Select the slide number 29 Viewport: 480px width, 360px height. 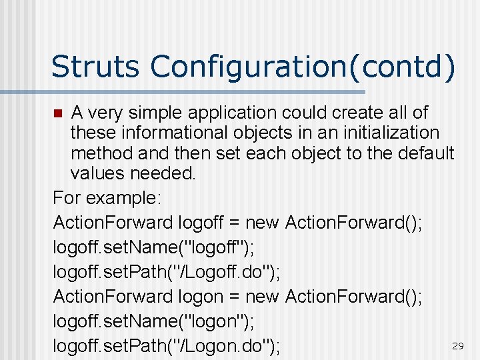pyautogui.click(x=457, y=346)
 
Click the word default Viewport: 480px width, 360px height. pyautogui.click(x=426, y=154)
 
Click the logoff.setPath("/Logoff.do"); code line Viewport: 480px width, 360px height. pyautogui.click(x=166, y=272)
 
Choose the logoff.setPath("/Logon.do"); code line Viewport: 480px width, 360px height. pyautogui.click(x=166, y=346)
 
